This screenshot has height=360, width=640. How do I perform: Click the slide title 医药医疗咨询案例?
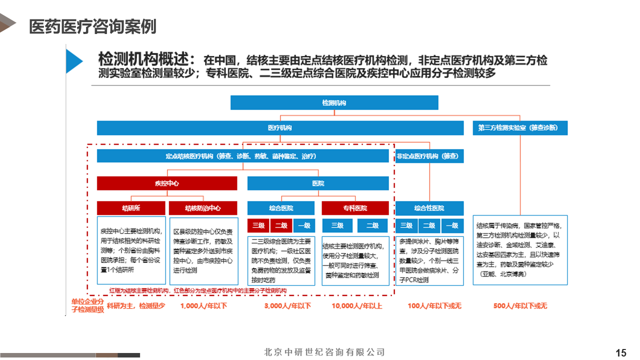(x=92, y=26)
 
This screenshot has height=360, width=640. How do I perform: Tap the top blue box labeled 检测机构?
(x=334, y=102)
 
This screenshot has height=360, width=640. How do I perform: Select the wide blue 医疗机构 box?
(x=280, y=128)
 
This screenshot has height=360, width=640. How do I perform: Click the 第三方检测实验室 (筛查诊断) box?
(x=520, y=128)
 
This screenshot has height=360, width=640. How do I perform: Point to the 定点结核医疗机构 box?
(x=242, y=156)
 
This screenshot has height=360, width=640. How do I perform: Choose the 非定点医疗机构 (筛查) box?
(x=429, y=156)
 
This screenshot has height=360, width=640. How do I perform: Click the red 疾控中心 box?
(x=167, y=183)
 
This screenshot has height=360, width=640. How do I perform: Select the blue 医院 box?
(x=318, y=183)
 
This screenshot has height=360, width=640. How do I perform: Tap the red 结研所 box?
(x=131, y=208)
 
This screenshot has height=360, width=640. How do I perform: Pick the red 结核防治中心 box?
(x=203, y=208)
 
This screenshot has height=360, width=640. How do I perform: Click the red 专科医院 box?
(x=355, y=208)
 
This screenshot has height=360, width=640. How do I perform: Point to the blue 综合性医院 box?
(x=429, y=208)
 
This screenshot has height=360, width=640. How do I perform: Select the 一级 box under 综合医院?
(x=304, y=225)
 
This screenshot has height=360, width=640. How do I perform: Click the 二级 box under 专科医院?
(x=372, y=225)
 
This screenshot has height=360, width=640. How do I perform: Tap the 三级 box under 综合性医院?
(x=406, y=225)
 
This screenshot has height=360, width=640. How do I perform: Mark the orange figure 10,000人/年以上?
(x=356, y=305)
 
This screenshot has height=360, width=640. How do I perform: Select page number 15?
(x=621, y=353)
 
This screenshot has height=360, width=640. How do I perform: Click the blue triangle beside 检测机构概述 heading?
(x=73, y=61)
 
